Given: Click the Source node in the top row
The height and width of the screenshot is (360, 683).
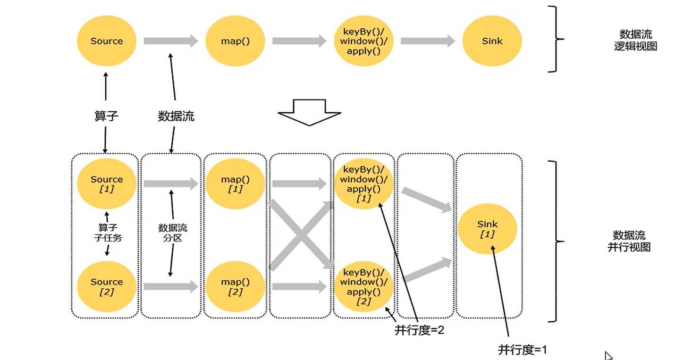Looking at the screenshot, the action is pos(107,41).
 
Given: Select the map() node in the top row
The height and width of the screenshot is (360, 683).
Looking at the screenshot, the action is pos(235,41).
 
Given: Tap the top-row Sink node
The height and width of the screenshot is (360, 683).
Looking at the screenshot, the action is pos(492,41).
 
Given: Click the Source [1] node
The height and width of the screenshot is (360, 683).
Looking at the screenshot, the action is pos(107,184).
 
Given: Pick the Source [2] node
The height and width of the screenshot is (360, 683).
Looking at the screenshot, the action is pos(107,286).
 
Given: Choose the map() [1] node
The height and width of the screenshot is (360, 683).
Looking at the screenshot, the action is pos(235,184).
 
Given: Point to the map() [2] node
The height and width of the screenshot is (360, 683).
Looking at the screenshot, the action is pos(235,286).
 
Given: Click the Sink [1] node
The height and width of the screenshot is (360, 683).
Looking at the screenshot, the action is pos(487,229).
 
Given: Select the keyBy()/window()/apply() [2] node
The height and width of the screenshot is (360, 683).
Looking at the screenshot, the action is pos(363,286).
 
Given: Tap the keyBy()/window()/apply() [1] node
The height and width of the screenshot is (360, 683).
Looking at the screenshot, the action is pos(363,184).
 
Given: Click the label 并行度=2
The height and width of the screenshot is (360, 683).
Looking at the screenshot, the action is pos(419,330).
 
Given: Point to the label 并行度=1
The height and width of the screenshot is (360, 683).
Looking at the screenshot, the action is pos(523,350).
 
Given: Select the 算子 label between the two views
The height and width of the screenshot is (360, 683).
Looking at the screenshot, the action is pos(106,116).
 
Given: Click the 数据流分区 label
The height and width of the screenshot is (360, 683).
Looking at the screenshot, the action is pos(173,233).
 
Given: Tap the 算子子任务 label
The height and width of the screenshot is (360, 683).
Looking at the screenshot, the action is pos(108,233).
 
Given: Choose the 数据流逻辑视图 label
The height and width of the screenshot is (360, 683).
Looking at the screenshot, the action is pos(635,40).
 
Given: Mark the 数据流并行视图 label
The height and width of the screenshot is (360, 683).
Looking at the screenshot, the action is pos(629,241).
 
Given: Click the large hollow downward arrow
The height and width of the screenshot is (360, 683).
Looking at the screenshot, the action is pos(309,112).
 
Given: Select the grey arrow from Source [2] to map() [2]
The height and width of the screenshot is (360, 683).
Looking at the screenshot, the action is pos(171,286).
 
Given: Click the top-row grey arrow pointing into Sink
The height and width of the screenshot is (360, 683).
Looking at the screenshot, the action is pos(428,41).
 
